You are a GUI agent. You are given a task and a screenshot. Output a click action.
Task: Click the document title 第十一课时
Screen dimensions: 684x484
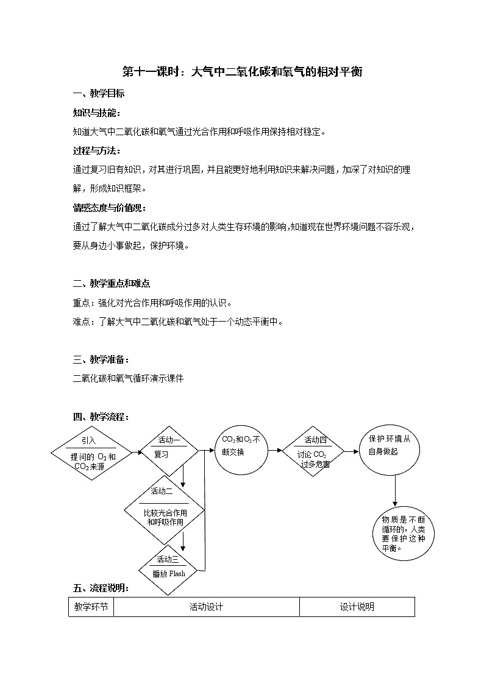point(242,72)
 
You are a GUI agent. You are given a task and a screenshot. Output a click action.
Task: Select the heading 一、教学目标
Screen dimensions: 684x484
point(99,94)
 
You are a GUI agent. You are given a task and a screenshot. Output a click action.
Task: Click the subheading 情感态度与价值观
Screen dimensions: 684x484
point(110,208)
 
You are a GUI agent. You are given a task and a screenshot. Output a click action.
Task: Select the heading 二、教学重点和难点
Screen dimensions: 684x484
point(112,283)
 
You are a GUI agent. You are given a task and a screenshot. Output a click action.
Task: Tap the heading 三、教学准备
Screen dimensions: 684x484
point(101,359)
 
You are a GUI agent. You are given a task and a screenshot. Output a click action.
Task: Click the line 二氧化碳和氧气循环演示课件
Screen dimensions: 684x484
point(128,378)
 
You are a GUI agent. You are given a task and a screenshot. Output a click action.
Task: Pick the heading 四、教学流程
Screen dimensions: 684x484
point(101,417)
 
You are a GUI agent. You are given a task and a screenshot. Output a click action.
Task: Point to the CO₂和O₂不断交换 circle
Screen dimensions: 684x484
point(241,449)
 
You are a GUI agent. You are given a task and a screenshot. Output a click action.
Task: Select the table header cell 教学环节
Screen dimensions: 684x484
point(91,607)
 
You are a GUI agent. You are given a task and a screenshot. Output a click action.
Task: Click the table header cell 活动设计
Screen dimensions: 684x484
point(206,607)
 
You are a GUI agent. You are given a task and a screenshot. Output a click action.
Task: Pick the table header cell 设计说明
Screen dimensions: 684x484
point(357,607)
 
